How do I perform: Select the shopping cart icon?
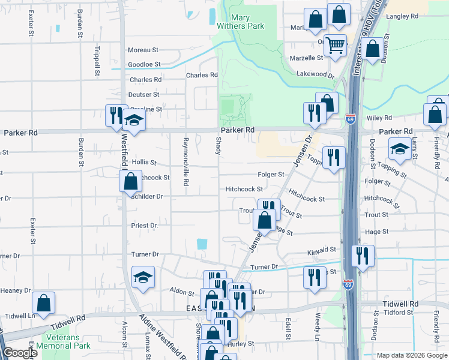coord(335,44)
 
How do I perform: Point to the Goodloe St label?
coord(144,64)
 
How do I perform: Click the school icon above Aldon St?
coord(143,277)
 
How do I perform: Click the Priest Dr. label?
coord(145,226)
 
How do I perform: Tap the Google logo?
coord(20,353)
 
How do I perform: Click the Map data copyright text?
coord(411,355)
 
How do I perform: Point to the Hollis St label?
coord(144,163)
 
